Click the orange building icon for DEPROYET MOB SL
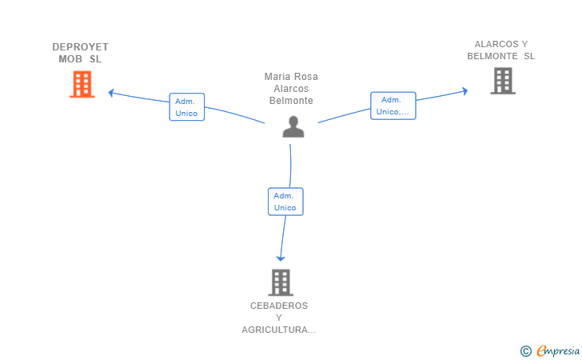point(82,84)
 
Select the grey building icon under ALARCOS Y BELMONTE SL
point(503,81)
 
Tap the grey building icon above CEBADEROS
point(280,282)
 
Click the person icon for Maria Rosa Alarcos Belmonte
point(293,126)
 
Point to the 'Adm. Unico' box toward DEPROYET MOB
point(187,107)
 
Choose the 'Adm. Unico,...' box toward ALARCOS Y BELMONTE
point(393,106)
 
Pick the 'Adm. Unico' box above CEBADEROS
point(285,202)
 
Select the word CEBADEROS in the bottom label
point(279,306)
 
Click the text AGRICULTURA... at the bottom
point(279,330)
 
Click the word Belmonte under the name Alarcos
point(291,101)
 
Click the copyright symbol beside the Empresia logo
point(525,350)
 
